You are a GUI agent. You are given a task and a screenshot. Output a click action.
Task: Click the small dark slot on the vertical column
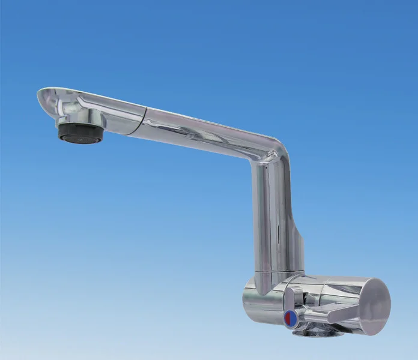280,231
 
